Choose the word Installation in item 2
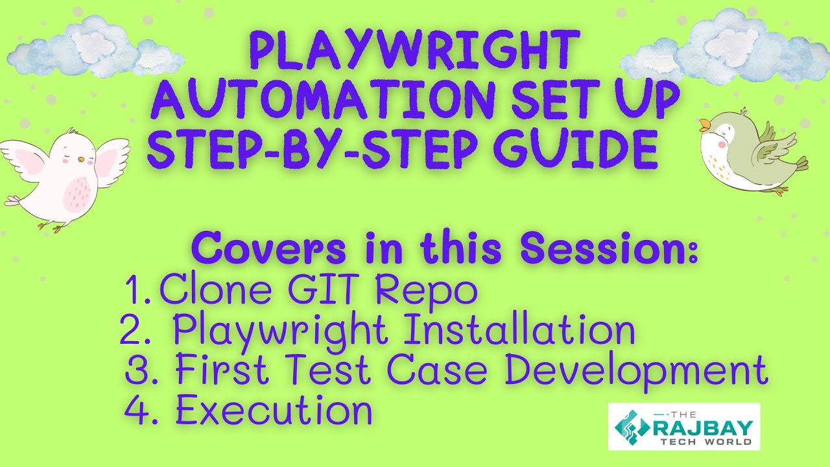point(519,331)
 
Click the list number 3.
point(137,372)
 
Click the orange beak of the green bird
point(704,125)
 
